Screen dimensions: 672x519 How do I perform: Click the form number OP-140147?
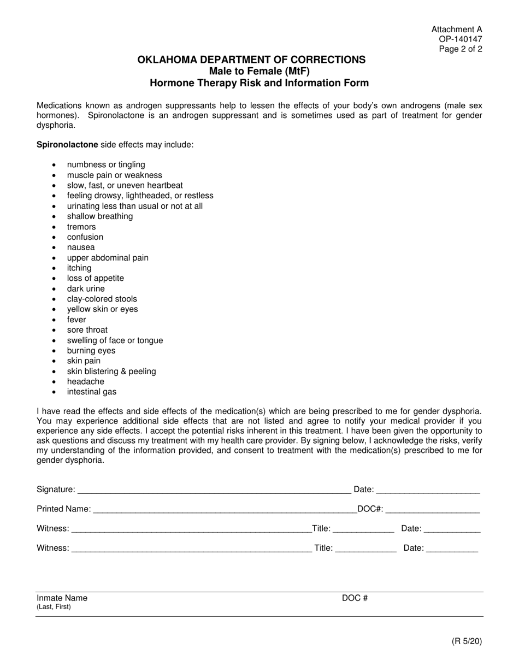460,39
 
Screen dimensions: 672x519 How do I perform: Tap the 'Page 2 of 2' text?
461,49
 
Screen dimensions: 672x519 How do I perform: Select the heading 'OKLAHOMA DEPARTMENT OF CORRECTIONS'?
251,60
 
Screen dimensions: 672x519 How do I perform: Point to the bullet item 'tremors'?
81,227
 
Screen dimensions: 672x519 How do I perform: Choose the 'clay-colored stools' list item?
102,299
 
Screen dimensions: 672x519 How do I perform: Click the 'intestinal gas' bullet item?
92,392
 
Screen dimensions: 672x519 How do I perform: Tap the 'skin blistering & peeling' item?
111,371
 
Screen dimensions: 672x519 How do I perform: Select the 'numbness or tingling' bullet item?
106,164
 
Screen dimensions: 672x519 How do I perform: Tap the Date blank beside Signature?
428,491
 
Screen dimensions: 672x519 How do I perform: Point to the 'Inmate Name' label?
62,598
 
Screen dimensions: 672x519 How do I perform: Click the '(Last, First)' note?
54,607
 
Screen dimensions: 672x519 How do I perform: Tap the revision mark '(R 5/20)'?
467,641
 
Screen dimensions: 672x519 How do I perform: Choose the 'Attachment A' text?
457,30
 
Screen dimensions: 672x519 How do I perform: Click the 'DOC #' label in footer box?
355,598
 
